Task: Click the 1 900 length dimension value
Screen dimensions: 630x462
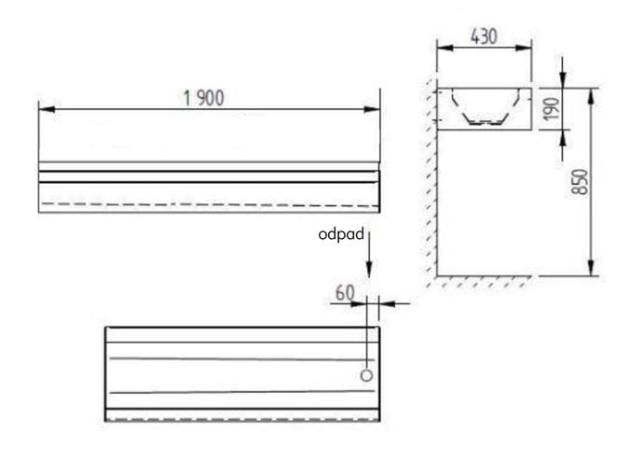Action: tap(204, 98)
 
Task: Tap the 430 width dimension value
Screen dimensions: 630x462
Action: tap(485, 36)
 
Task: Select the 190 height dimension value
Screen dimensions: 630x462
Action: tap(552, 108)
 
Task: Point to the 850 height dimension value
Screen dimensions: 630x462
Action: tap(580, 182)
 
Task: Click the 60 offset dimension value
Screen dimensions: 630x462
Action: tap(345, 292)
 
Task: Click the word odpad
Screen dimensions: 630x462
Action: tap(341, 234)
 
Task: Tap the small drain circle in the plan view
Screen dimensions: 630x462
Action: tap(366, 375)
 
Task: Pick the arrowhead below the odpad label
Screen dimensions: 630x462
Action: tap(369, 268)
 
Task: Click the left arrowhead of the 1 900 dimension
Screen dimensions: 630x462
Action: tap(47, 109)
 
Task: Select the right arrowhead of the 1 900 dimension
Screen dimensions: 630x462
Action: tap(372, 109)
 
